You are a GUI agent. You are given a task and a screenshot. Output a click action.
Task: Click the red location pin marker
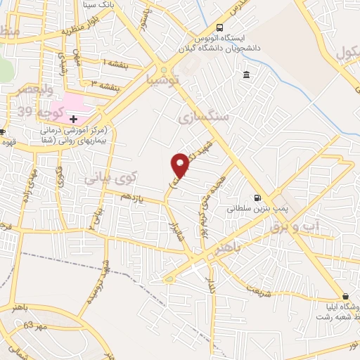pos(180,166)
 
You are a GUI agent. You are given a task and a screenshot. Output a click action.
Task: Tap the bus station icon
pos(221,27)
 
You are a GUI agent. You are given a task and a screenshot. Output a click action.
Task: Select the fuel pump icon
pos(257,198)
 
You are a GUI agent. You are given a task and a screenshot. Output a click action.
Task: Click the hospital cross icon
pos(74,119)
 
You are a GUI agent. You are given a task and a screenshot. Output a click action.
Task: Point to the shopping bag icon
pos(346,296)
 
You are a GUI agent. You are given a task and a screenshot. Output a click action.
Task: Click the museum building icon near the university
pos(246,75)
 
